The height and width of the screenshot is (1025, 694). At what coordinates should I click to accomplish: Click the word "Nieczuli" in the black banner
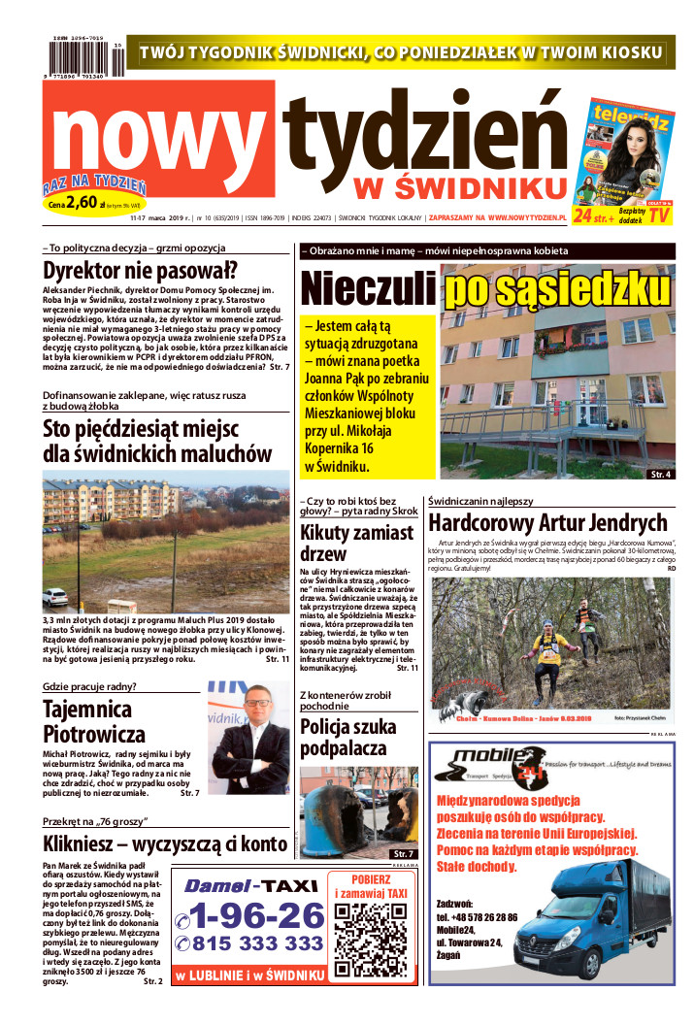[368, 288]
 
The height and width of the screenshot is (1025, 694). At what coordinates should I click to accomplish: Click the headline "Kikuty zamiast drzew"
[356, 543]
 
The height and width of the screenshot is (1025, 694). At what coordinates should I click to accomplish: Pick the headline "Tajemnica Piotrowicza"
[93, 721]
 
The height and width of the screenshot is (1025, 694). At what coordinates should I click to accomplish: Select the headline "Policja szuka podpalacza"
[347, 739]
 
